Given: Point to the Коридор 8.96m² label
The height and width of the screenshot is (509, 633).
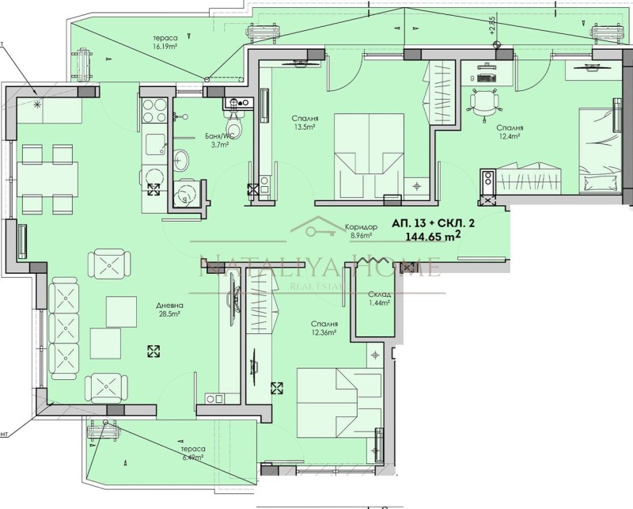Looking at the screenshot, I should pos(364,230).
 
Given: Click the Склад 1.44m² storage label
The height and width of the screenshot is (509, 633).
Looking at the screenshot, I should pos(379,298).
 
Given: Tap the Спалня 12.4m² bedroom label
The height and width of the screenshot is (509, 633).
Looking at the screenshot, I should pos(510,132).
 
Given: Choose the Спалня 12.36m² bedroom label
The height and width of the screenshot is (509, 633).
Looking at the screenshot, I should pos(324,329).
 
